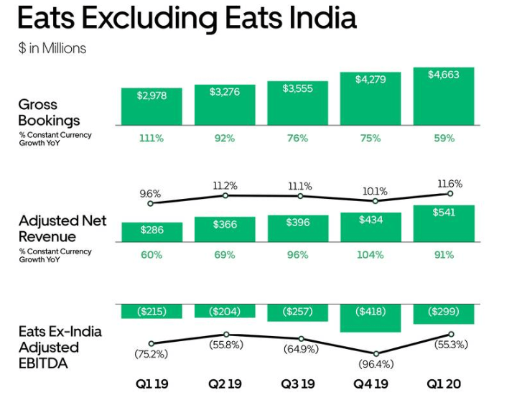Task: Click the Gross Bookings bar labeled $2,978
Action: click(x=152, y=106)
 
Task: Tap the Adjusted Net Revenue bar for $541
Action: click(x=443, y=223)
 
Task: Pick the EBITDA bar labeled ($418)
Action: click(x=370, y=317)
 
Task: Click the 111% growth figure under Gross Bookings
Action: click(x=152, y=138)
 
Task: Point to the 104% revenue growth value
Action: click(x=370, y=255)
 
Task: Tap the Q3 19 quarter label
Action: click(x=297, y=384)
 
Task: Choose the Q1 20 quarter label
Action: click(x=443, y=384)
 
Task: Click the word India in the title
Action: click(x=321, y=18)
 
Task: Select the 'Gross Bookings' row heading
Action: click(x=49, y=113)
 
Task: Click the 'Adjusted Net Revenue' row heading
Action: click(x=62, y=228)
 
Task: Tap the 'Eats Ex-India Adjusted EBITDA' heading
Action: click(x=60, y=347)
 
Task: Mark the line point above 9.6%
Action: click(x=150, y=204)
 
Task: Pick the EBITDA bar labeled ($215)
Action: click(x=152, y=311)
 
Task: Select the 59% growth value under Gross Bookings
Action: click(x=443, y=138)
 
